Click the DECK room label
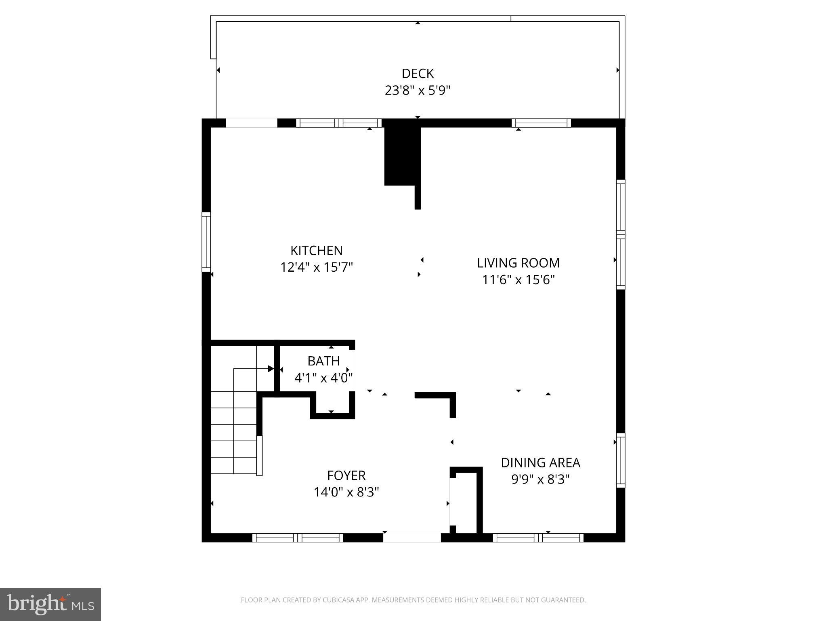418,74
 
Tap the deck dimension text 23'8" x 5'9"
418,91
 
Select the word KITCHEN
317,251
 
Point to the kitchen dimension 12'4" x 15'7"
317,268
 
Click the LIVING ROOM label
518,263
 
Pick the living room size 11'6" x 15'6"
518,280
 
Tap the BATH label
323,361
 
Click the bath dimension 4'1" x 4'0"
323,378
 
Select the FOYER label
346,475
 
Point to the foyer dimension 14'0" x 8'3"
346,492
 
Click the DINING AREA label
540,463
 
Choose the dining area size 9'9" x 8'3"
540,479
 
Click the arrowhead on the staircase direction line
271,369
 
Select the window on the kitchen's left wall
206,242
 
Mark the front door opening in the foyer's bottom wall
412,538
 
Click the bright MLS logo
50,604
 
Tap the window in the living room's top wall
541,123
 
